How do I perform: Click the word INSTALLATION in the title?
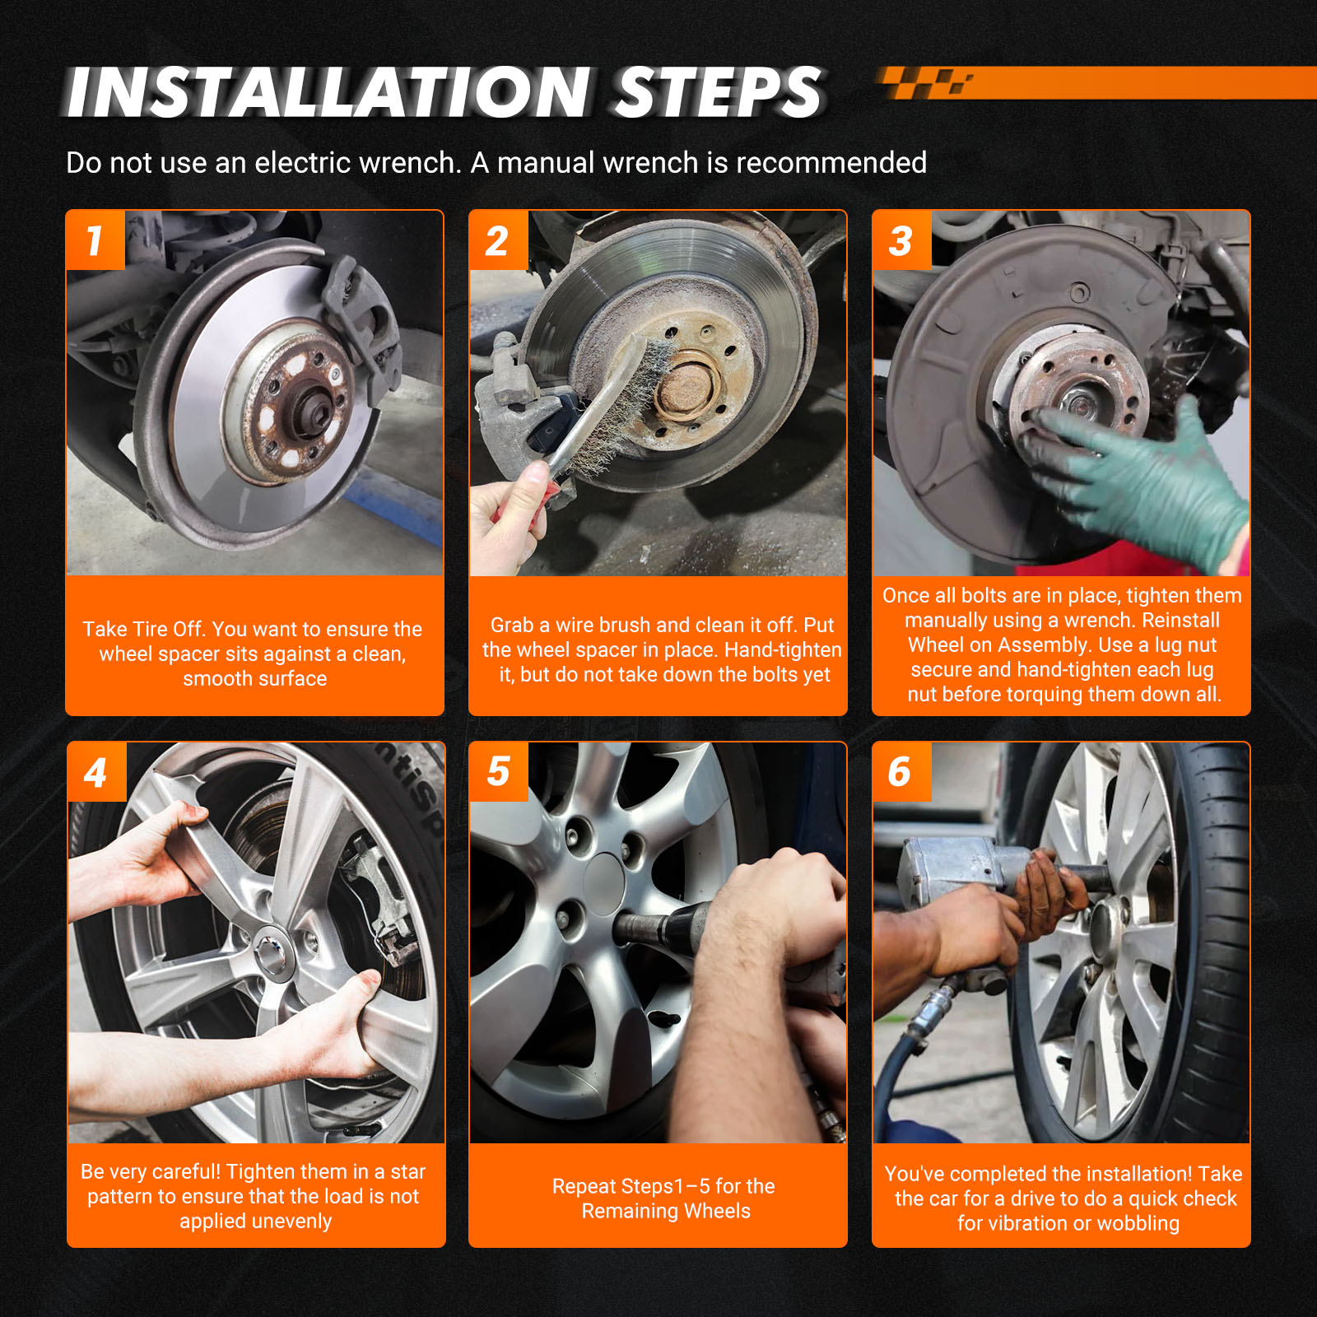pos(328,92)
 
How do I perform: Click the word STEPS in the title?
pos(719,92)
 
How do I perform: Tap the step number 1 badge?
pos(95,240)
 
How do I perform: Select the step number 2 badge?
pos(498,240)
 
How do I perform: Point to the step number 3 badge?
pos(901,240)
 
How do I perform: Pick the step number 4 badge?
pos(96,772)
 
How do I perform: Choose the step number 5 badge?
pos(498,772)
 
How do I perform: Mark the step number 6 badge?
pos(901,772)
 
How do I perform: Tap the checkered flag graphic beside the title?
pos(926,82)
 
